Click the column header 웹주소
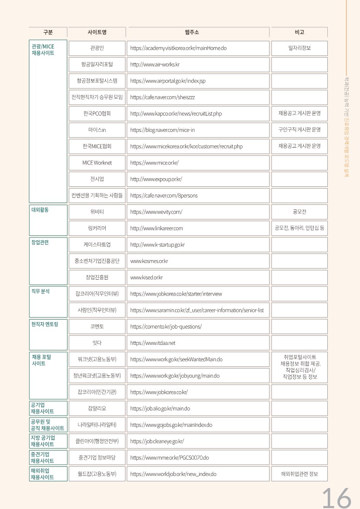click(198, 32)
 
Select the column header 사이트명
click(97, 32)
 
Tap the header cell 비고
click(299, 32)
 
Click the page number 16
click(336, 498)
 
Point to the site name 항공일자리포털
click(97, 64)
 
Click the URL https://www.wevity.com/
click(156, 212)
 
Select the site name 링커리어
click(97, 228)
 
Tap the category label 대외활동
click(40, 210)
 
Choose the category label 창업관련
click(40, 242)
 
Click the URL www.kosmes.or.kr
click(149, 261)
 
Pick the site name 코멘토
click(97, 326)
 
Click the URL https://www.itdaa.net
click(153, 343)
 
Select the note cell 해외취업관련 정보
click(299, 474)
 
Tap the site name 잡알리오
click(97, 408)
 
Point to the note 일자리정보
click(299, 48)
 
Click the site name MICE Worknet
click(97, 163)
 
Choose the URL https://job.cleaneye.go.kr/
click(157, 441)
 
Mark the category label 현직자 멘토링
click(44, 324)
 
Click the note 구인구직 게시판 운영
click(299, 130)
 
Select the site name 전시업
click(97, 179)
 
